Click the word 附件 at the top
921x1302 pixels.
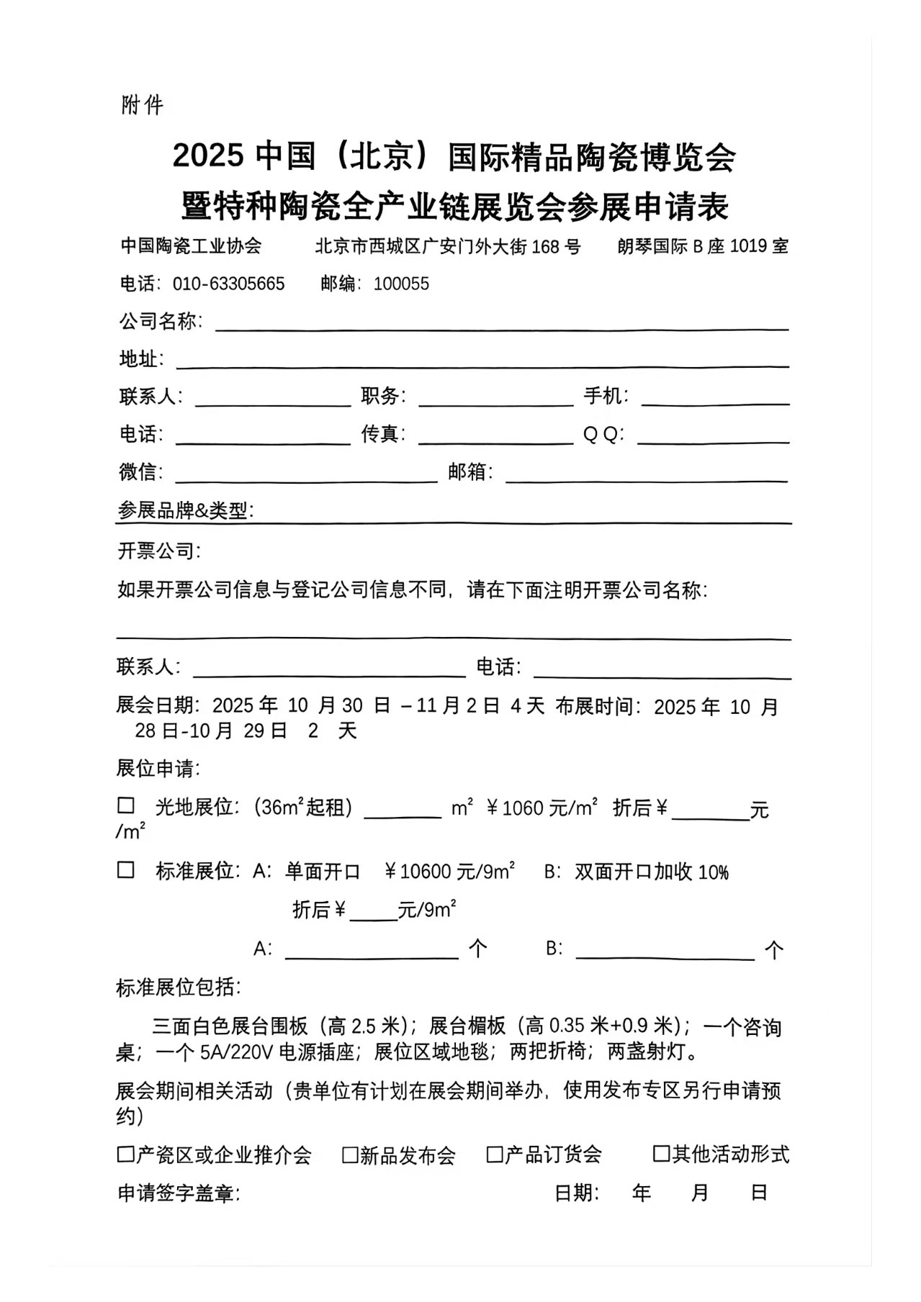point(143,106)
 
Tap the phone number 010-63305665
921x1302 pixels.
point(228,284)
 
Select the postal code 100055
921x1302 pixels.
point(401,284)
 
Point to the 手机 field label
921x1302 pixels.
point(605,396)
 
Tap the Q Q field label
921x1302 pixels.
point(603,435)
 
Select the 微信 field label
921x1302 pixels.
point(140,472)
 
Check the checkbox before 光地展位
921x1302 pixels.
point(126,806)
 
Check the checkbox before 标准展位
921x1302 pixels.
point(126,870)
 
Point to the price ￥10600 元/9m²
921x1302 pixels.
point(449,872)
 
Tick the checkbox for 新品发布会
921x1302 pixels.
point(350,1155)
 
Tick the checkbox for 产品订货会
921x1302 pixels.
point(495,1155)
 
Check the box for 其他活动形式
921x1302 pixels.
point(661,1154)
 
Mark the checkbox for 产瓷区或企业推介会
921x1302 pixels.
point(126,1155)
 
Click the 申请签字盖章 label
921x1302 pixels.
point(178,1194)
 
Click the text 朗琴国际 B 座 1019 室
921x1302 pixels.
point(702,247)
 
